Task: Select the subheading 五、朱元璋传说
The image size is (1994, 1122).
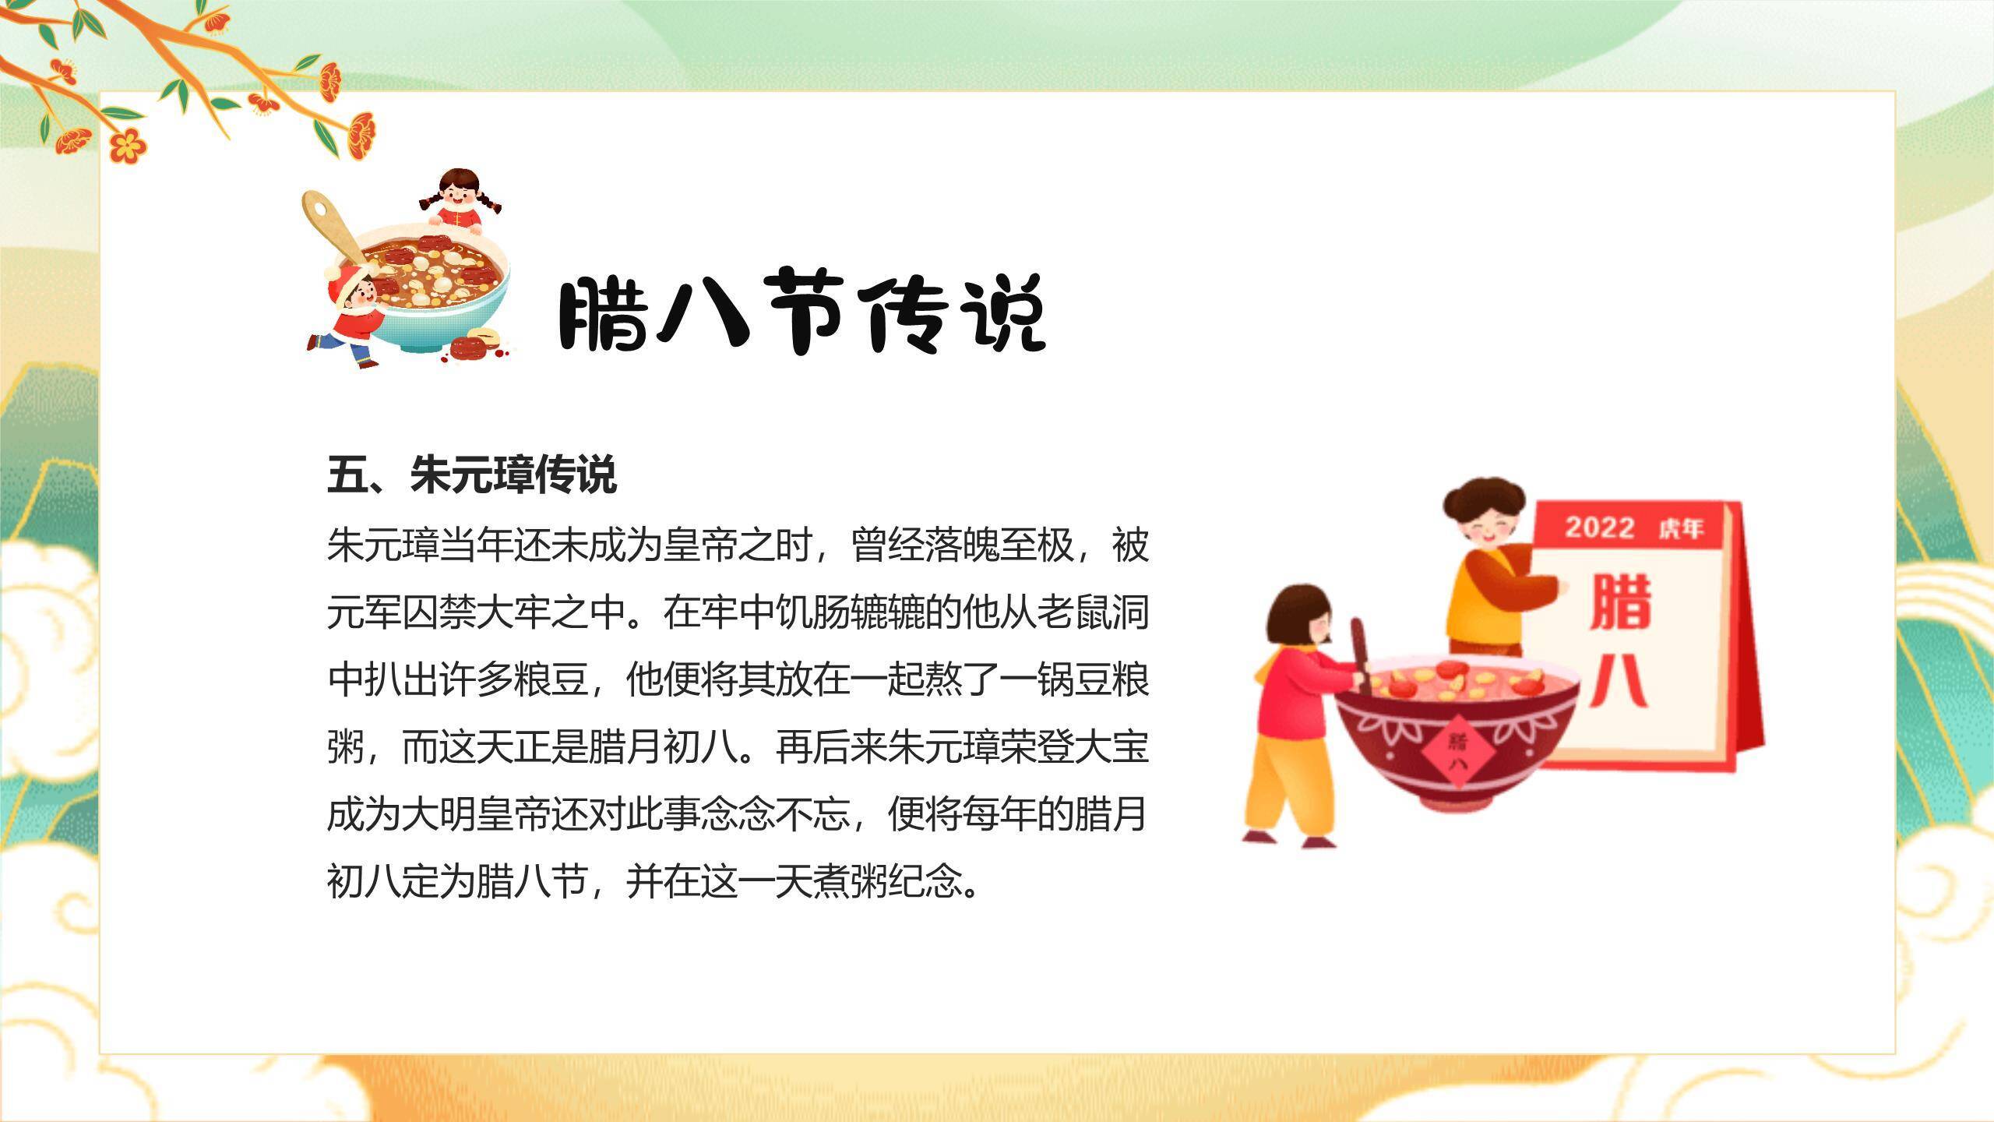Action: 472,474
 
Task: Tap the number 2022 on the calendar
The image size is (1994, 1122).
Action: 1600,527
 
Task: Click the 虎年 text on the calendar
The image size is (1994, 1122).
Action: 1680,529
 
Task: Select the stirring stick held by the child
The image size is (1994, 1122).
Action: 1360,657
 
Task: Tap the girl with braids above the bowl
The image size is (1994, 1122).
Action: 460,201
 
